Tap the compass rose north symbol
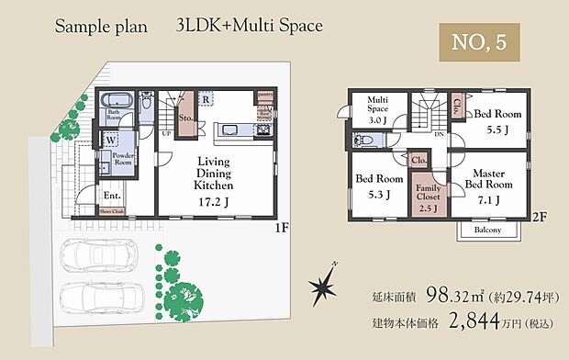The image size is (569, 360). pyautogui.click(x=324, y=287)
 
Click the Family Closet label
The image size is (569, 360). pyautogui.click(x=429, y=197)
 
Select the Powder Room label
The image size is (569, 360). pyautogui.click(x=124, y=162)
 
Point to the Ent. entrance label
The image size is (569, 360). pyautogui.click(x=112, y=195)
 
